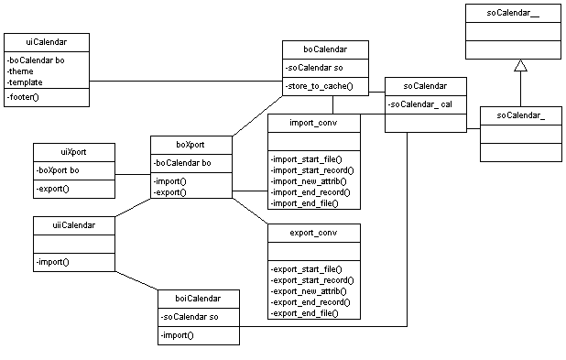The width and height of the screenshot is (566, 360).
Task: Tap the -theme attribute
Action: (x=22, y=71)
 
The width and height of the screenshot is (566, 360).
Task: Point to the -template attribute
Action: (x=27, y=82)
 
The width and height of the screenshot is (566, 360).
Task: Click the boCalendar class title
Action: (x=325, y=49)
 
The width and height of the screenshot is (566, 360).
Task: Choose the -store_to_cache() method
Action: (x=320, y=87)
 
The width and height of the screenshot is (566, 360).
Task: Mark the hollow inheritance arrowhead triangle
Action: (x=520, y=65)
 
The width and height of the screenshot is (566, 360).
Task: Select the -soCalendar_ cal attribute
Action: (x=420, y=104)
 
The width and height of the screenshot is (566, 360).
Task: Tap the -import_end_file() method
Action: (x=305, y=202)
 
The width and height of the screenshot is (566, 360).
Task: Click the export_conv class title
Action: (x=313, y=233)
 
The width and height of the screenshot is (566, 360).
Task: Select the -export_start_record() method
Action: (x=312, y=279)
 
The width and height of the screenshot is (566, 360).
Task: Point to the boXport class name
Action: (x=190, y=145)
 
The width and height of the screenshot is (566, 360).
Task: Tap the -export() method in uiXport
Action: (x=53, y=189)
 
